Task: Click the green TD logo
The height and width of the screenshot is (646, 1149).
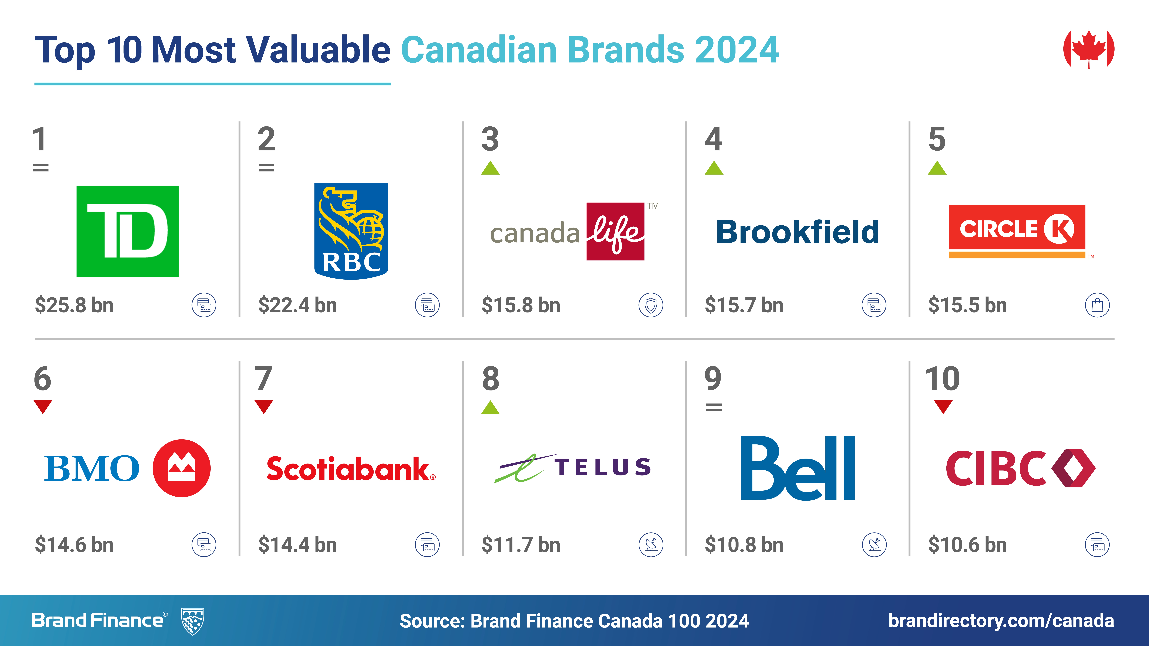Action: point(128,231)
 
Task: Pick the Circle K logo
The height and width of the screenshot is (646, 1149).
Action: point(1017,231)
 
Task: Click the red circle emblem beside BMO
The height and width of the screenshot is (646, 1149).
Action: point(182,468)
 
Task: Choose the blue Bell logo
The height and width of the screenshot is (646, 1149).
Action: point(798,468)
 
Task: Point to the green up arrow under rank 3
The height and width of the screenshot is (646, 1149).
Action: point(490,168)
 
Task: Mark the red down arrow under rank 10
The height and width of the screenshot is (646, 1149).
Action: point(943,407)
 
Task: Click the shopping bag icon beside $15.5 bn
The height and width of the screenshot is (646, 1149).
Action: point(1097,305)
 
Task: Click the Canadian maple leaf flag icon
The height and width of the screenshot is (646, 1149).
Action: point(1089,49)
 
